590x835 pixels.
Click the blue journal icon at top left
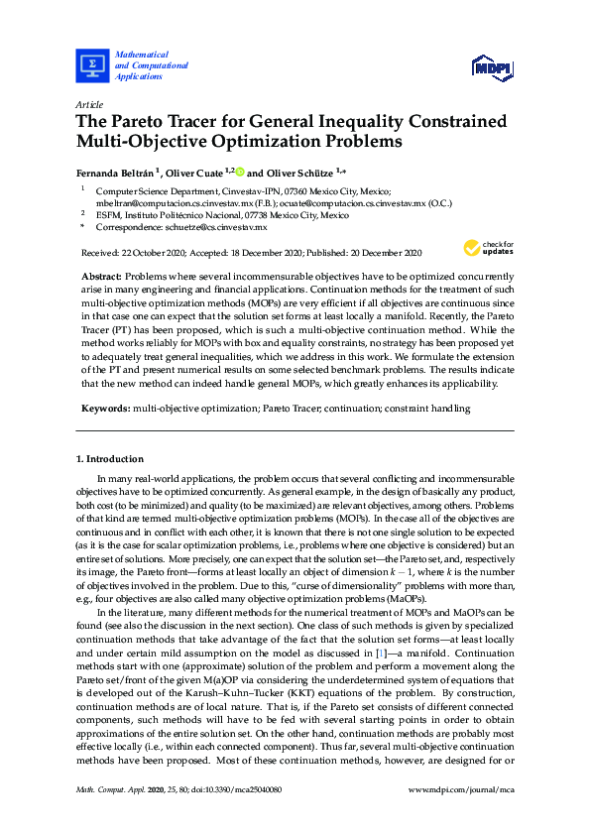(92, 65)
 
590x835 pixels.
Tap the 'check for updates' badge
(495, 247)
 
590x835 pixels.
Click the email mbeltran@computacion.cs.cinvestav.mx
(167, 201)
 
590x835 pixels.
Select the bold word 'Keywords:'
(103, 408)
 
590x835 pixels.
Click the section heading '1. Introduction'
(109, 459)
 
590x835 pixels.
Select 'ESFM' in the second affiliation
(107, 214)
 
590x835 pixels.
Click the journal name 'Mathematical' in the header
(142, 54)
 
